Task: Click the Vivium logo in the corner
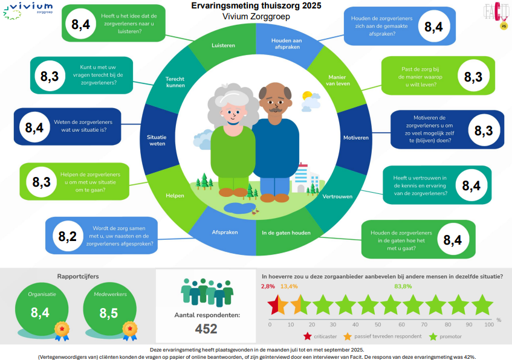(28, 11)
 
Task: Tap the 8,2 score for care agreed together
(68, 236)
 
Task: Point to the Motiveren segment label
(356, 138)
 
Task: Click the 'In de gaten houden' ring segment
(286, 233)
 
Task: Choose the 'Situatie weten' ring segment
(157, 140)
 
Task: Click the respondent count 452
(206, 329)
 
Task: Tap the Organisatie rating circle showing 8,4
(42, 309)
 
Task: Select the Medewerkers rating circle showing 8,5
(110, 309)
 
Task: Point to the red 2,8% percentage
(268, 286)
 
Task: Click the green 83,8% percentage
(403, 286)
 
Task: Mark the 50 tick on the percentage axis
(378, 324)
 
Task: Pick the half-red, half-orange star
(278, 305)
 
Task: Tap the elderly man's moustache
(276, 110)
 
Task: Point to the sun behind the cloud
(307, 95)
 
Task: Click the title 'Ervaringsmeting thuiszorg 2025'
(256, 6)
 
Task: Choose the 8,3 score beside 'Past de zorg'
(473, 77)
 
